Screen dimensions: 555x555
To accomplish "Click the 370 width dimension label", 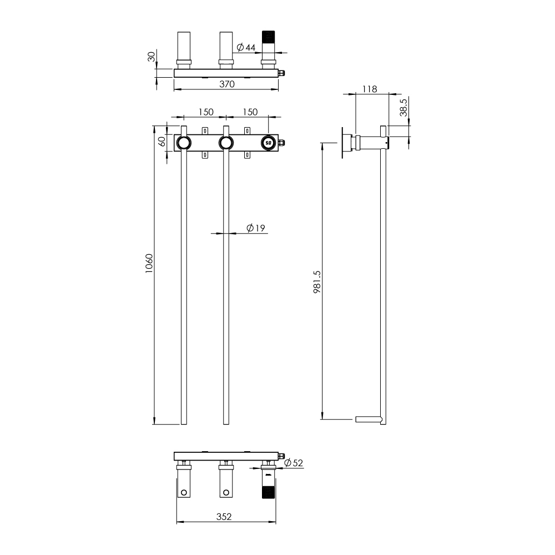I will point(226,84).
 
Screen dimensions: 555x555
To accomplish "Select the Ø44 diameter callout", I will point(245,48).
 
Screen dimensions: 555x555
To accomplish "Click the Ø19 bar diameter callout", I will point(255,228).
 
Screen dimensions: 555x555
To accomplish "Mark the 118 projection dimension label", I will point(369,89).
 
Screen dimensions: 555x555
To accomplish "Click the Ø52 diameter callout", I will point(294,463).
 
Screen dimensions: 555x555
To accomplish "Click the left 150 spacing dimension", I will point(205,112).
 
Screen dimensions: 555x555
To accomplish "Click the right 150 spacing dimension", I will point(250,112).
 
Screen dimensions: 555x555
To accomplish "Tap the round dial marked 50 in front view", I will point(269,143).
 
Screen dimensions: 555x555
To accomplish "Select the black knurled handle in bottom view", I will point(269,492).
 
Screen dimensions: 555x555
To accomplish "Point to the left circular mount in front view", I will point(183,143).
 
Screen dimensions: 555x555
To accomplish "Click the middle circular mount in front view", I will point(225,143).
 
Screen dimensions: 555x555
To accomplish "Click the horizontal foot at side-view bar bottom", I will point(367,420).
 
